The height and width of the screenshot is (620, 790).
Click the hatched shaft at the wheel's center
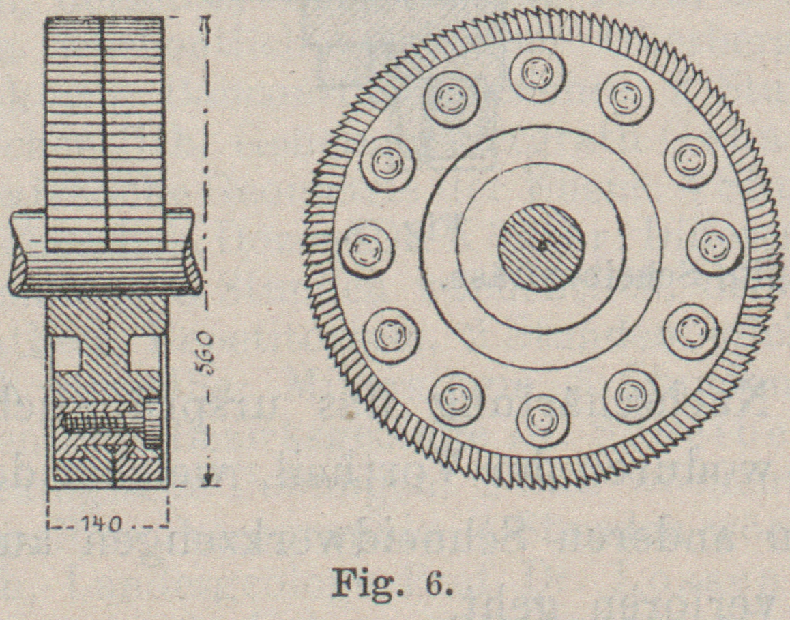pos(540,246)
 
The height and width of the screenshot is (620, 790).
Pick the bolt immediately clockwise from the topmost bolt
pos(626,98)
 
